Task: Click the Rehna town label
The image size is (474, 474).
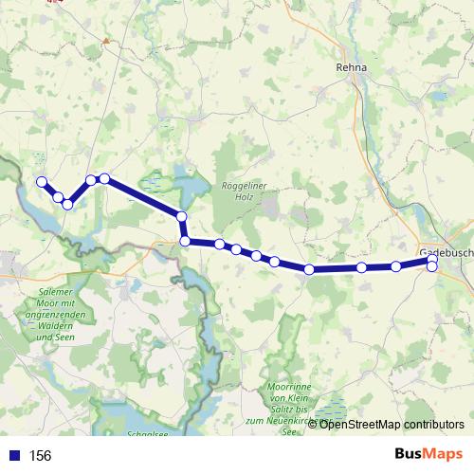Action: pyautogui.click(x=351, y=67)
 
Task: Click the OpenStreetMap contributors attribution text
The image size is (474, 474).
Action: pyautogui.click(x=392, y=425)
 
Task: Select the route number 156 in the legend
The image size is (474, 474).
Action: pyautogui.click(x=41, y=456)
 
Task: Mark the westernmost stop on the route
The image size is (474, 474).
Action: pyautogui.click(x=41, y=182)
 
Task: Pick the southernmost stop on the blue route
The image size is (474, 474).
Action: pyautogui.click(x=310, y=270)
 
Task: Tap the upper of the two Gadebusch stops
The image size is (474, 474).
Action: pyautogui.click(x=432, y=259)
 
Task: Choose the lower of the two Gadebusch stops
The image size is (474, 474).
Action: pyautogui.click(x=432, y=267)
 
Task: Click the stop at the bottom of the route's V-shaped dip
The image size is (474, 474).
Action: pyautogui.click(x=68, y=205)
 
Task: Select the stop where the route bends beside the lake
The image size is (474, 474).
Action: pyautogui.click(x=182, y=218)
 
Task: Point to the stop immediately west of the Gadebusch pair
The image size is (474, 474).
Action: pyautogui.click(x=396, y=266)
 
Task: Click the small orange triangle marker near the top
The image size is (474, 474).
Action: pyautogui.click(x=107, y=41)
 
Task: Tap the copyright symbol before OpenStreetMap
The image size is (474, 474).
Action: pyautogui.click(x=315, y=425)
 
